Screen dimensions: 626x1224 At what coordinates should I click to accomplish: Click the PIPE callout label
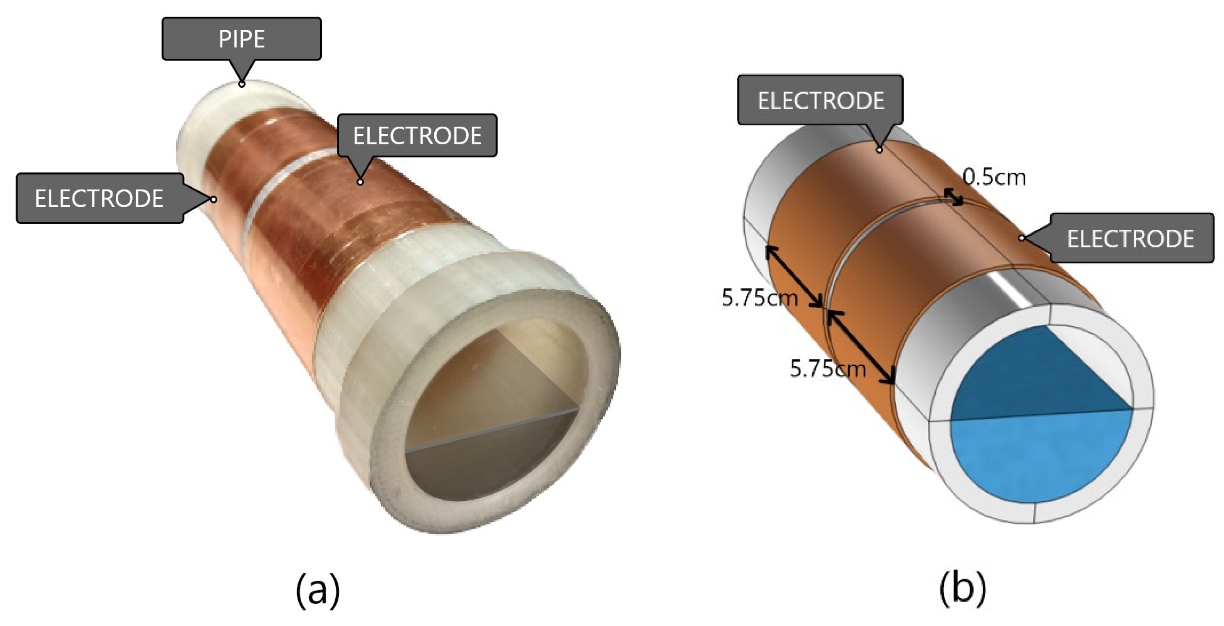coord(241,39)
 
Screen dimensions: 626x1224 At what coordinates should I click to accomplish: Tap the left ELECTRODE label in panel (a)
coord(99,198)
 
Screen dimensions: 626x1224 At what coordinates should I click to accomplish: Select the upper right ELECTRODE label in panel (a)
coord(417,136)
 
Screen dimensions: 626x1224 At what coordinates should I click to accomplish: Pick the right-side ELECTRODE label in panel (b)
coord(1130,238)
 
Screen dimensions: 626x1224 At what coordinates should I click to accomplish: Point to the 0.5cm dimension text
coord(994,177)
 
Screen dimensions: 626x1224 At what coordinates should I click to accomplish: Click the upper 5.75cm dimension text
coord(759,298)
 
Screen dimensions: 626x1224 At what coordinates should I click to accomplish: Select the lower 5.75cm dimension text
coord(827,368)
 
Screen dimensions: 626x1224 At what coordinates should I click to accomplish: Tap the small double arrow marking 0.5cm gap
coord(953,197)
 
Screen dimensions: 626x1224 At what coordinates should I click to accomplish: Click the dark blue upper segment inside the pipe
coord(1031,375)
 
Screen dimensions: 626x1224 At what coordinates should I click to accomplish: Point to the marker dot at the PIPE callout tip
coord(242,84)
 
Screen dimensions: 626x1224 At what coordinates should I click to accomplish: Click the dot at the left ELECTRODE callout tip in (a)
coord(214,199)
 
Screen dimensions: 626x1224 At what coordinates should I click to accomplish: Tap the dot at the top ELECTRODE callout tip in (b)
coord(880,150)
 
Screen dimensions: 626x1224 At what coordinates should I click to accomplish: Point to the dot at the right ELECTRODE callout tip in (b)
coord(1022,238)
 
